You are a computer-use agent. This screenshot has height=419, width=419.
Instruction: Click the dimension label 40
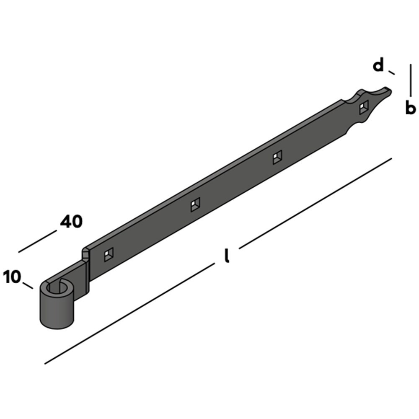point(71,222)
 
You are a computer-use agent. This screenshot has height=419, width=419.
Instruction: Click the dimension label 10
point(12,277)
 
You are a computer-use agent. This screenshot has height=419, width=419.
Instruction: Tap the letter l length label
point(227,256)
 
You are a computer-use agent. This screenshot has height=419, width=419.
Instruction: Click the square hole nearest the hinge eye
point(109,254)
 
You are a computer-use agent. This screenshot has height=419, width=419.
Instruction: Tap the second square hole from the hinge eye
point(195,205)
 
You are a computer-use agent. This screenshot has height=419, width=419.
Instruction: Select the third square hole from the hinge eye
point(277,158)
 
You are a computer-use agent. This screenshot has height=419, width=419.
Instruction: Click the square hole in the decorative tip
point(364,107)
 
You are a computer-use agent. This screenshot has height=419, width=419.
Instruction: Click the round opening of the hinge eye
point(57,288)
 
